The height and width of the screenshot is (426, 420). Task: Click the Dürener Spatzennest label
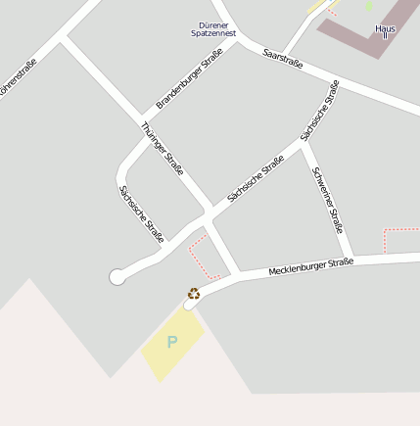pyautogui.click(x=213, y=29)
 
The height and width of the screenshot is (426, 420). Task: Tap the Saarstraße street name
pyautogui.click(x=283, y=61)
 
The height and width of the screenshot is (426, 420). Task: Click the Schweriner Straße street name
pyautogui.click(x=327, y=199)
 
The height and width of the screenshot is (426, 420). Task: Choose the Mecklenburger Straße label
pyautogui.click(x=310, y=265)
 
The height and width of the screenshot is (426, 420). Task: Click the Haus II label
pyautogui.click(x=385, y=31)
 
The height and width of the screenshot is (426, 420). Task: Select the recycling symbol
pyautogui.click(x=194, y=293)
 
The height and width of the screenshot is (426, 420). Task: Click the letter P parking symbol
pyautogui.click(x=172, y=343)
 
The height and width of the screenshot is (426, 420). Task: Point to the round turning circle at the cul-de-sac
pyautogui.click(x=117, y=277)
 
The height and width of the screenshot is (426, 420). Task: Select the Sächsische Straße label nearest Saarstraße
pyautogui.click(x=320, y=109)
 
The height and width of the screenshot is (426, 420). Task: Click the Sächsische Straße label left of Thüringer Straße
pyautogui.click(x=140, y=213)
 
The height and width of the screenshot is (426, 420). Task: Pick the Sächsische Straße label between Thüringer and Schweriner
pyautogui.click(x=256, y=179)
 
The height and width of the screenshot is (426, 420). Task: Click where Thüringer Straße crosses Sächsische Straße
pyautogui.click(x=209, y=212)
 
